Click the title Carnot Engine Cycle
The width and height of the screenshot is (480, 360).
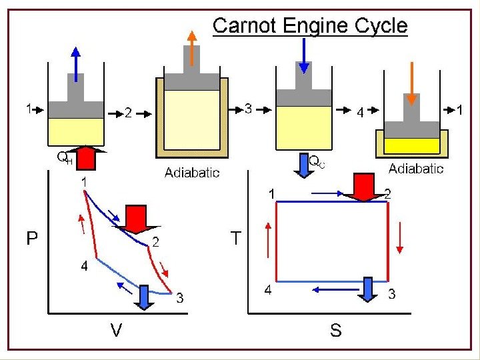coord(309,26)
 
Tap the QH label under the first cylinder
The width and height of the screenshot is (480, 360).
coord(64,159)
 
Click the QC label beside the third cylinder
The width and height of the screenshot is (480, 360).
coord(317,161)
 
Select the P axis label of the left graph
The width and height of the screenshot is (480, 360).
coord(32,238)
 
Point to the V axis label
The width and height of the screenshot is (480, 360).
coord(115,329)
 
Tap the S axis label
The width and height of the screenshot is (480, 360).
coord(335,329)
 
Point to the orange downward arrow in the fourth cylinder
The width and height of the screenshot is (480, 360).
coord(412,83)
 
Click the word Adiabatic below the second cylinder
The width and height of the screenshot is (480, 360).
coord(192,173)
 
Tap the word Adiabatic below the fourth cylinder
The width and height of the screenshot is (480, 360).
coord(416,169)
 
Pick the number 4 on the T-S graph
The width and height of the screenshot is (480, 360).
coord(267,290)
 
